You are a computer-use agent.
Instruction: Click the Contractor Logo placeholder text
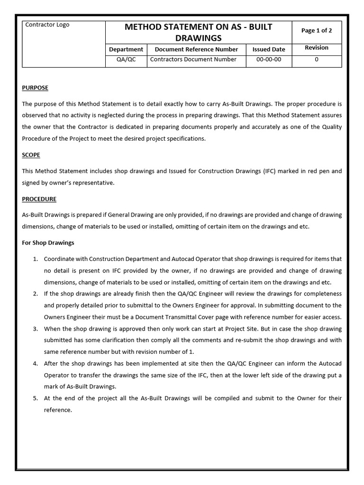[x=47, y=25]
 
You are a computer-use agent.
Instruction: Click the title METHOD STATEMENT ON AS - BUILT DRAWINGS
[x=198, y=32]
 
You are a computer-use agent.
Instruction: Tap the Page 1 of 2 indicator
[x=316, y=30]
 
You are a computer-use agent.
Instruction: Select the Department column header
[x=126, y=49]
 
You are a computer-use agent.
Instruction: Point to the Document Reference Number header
[x=196, y=49]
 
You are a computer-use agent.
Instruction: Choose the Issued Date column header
[x=269, y=49]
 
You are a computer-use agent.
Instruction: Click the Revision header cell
[x=316, y=48]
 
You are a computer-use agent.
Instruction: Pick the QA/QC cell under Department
[x=126, y=60]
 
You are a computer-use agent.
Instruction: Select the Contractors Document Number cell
[x=193, y=60]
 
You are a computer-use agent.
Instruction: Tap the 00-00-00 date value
[x=269, y=60]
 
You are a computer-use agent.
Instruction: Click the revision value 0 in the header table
[x=316, y=60]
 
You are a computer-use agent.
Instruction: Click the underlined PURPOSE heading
[x=35, y=88]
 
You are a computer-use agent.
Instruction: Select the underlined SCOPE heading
[x=31, y=155]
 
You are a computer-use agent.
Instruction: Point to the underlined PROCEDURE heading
[x=39, y=199]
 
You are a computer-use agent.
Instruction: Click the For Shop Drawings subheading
[x=48, y=243]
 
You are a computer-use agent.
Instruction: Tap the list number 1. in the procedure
[x=36, y=259]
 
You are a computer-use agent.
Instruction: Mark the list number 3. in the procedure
[x=36, y=329]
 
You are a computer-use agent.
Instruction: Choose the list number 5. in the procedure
[x=36, y=398]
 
